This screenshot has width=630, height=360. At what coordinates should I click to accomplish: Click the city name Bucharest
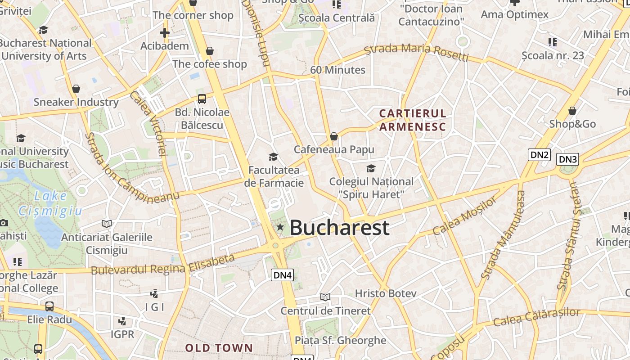point(339,228)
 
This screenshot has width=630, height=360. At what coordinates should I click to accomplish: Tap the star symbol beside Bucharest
point(280,227)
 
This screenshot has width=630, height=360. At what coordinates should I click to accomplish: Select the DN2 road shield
point(540,155)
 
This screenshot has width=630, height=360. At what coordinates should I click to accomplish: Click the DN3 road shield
point(567,159)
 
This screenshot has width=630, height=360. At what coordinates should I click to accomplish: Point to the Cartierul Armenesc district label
point(413,120)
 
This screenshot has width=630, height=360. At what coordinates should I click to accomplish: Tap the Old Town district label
point(219,348)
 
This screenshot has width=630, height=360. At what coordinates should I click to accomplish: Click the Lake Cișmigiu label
point(50,203)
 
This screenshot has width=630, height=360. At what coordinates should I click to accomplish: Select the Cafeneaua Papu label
point(334,149)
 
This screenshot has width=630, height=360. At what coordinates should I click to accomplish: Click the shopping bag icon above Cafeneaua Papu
point(334,136)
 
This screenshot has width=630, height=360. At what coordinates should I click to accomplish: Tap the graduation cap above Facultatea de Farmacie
point(273,157)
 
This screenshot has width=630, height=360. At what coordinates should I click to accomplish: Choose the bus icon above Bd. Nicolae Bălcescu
point(202,99)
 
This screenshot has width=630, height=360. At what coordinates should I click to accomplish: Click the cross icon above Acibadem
point(165,32)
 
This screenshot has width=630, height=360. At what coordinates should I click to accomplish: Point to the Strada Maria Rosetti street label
point(416,52)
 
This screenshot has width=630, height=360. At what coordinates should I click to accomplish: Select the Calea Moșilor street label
point(465,216)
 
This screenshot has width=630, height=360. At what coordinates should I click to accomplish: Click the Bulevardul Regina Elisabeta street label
point(163,265)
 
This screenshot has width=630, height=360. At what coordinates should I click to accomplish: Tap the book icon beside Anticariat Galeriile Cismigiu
point(107,224)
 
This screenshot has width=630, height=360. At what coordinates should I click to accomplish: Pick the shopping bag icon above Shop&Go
point(572,110)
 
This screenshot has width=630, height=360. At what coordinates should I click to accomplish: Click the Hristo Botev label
point(386,293)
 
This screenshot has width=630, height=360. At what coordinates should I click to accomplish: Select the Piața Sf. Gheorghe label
point(340,340)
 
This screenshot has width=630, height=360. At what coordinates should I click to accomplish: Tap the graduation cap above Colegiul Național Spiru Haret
point(371,168)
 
